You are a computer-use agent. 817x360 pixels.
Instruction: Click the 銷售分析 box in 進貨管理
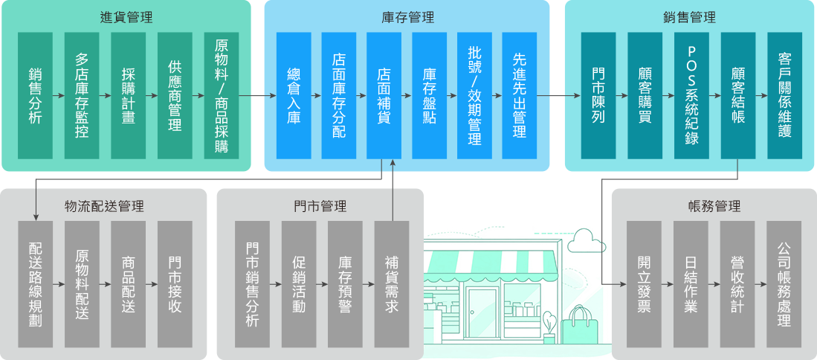pyautogui.click(x=36, y=95)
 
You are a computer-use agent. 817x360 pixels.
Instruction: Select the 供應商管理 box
pyautogui.click(x=175, y=95)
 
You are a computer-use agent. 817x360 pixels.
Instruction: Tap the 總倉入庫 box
pyautogui.click(x=294, y=95)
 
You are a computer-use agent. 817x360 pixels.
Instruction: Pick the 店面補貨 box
pyautogui.click(x=384, y=95)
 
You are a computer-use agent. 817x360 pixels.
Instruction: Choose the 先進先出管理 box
pyautogui.click(x=519, y=95)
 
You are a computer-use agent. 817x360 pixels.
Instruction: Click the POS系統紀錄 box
pyautogui.click(x=691, y=95)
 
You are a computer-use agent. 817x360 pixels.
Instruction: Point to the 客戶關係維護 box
pyautogui.click(x=784, y=95)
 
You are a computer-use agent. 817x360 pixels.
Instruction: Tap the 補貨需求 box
pyautogui.click(x=392, y=284)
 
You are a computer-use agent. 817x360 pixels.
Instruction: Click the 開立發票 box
pyautogui.click(x=644, y=284)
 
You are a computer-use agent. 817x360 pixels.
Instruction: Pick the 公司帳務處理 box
pyautogui.click(x=784, y=284)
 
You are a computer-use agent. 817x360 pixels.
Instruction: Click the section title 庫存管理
pyautogui.click(x=406, y=18)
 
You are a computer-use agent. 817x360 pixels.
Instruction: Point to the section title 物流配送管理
pyautogui.click(x=104, y=206)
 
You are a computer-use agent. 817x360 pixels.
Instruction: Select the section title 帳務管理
pyautogui.click(x=714, y=206)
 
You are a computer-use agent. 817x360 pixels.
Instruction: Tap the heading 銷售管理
pyautogui.click(x=691, y=18)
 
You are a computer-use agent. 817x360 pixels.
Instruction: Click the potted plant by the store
pyautogui.click(x=549, y=328)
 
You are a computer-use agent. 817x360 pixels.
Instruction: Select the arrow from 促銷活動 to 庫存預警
pyautogui.click(x=322, y=284)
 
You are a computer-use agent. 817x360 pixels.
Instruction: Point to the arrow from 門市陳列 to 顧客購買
pyautogui.click(x=621, y=95)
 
